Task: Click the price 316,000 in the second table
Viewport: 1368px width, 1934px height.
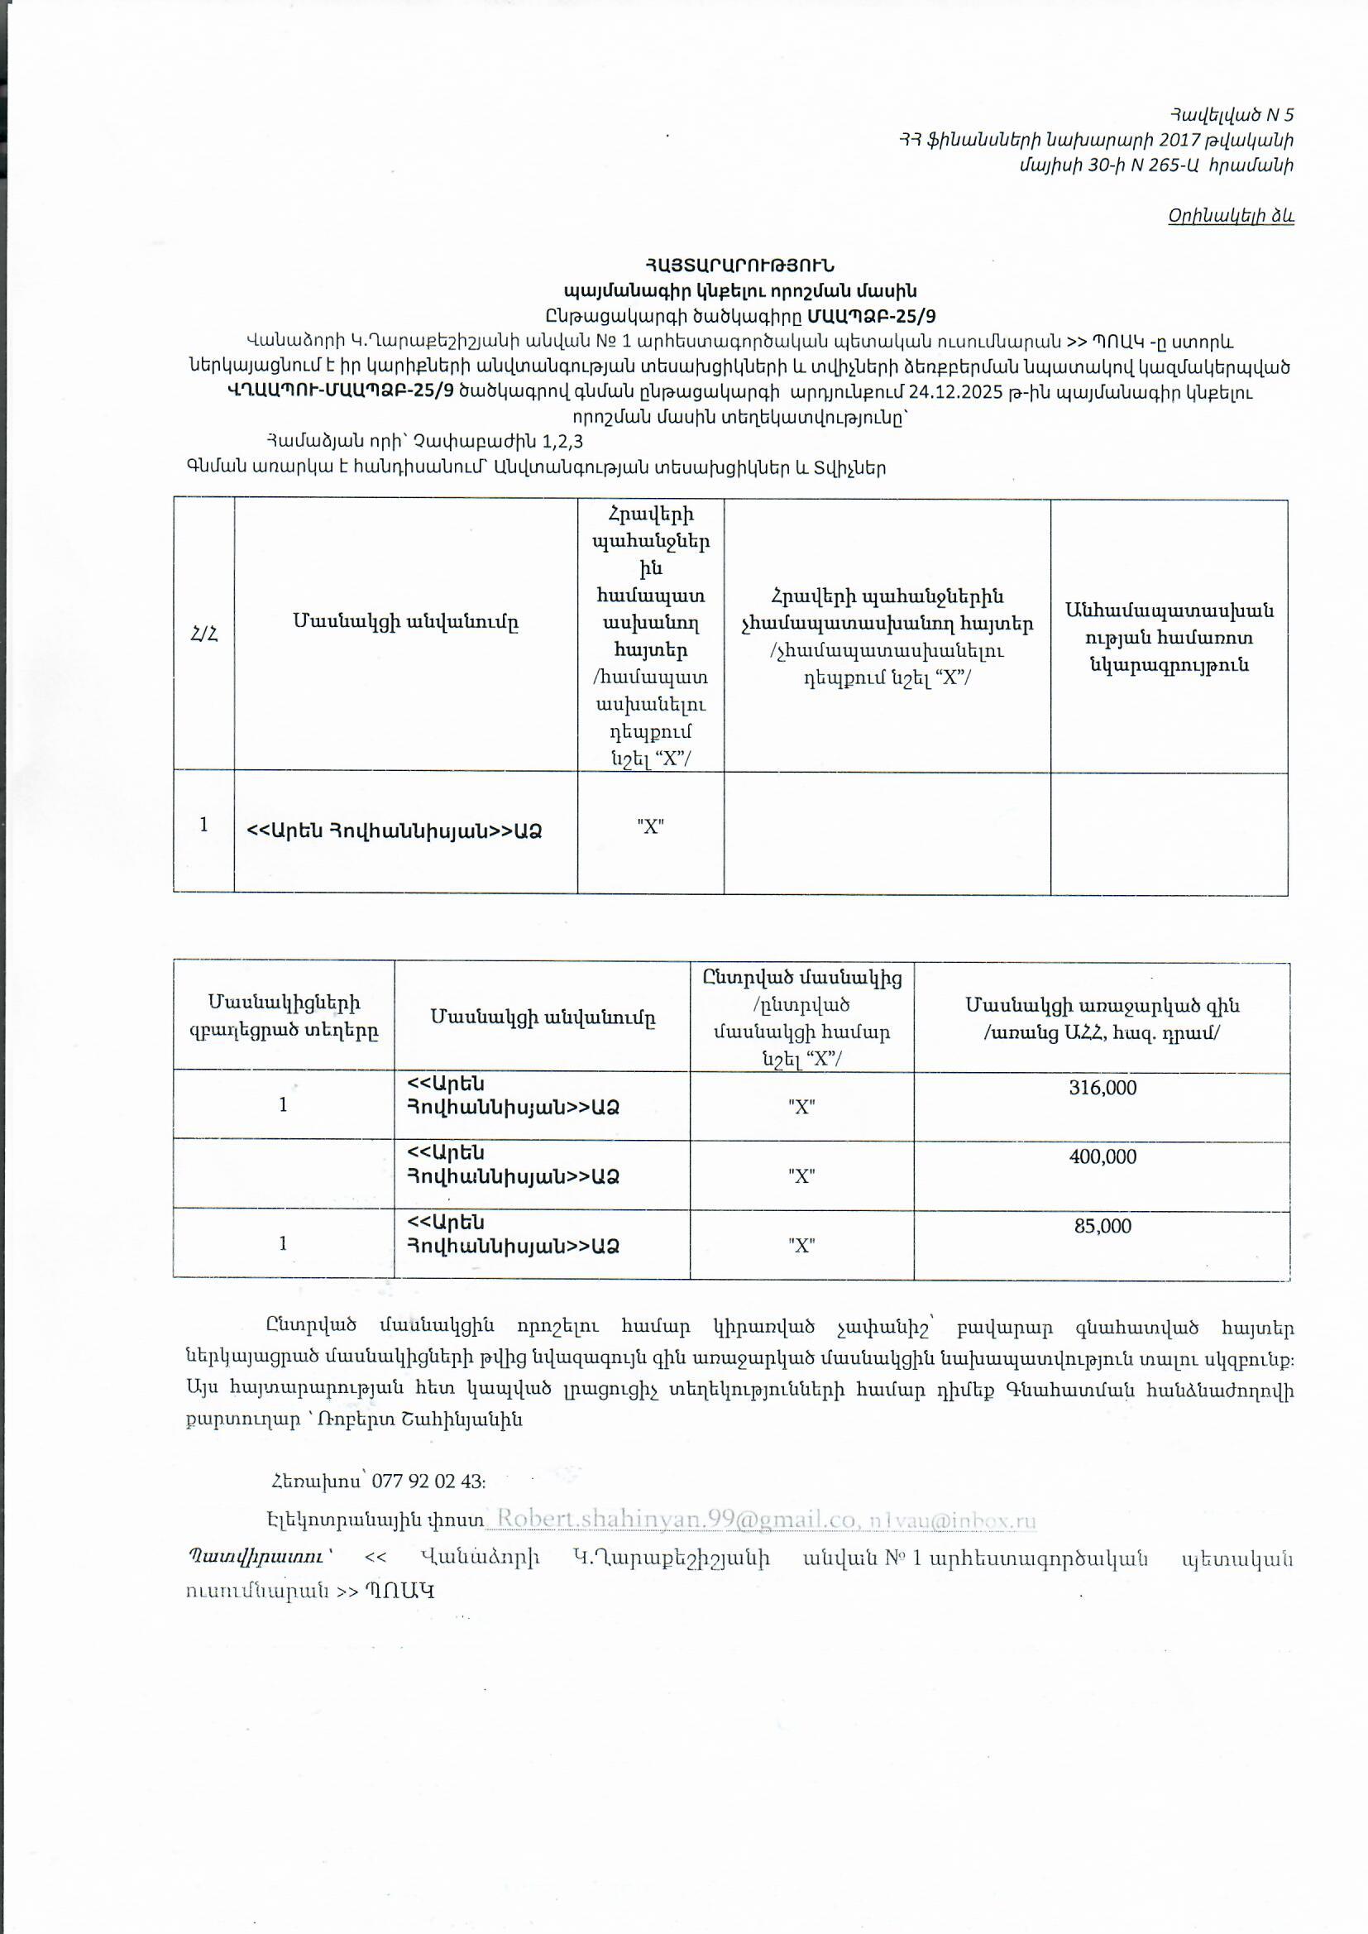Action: pyautogui.click(x=1102, y=1088)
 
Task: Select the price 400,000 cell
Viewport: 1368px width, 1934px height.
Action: pyautogui.click(x=1102, y=1156)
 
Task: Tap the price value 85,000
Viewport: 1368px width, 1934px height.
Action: pyautogui.click(x=1102, y=1226)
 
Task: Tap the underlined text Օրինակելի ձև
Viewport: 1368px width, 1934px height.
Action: pyautogui.click(x=1230, y=216)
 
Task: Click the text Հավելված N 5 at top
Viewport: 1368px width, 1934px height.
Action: pyautogui.click(x=1231, y=114)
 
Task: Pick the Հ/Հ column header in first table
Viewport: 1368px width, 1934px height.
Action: pyautogui.click(x=203, y=635)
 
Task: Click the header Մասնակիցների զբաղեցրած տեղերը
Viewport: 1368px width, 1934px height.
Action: pyautogui.click(x=284, y=1016)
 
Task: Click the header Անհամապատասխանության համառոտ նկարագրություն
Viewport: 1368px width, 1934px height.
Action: pyautogui.click(x=1169, y=637)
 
